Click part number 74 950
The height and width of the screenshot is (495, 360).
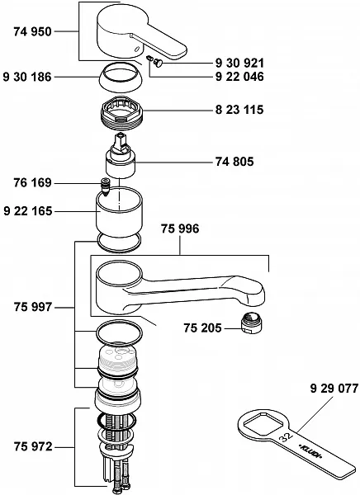click(x=32, y=31)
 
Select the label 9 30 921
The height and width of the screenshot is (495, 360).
click(x=239, y=64)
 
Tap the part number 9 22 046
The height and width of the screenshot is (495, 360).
click(x=239, y=77)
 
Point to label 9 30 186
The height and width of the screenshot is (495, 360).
click(x=27, y=77)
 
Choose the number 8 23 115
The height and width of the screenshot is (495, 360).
click(x=239, y=110)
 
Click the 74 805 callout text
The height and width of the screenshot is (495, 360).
click(x=234, y=162)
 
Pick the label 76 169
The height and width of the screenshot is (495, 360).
click(x=32, y=182)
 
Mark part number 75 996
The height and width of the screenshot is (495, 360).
click(x=180, y=229)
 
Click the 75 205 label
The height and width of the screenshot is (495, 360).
click(x=202, y=328)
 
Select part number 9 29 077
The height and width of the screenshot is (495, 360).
click(x=334, y=389)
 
